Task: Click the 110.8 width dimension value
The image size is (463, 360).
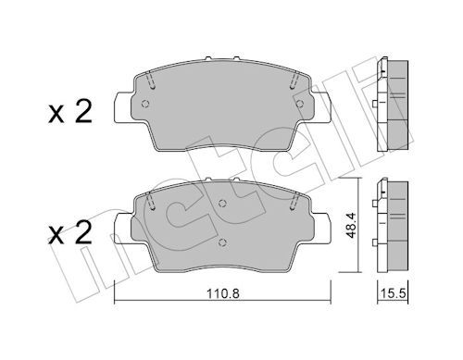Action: [223, 293]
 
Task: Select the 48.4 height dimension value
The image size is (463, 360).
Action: [351, 225]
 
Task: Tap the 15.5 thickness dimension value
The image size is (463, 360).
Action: [393, 293]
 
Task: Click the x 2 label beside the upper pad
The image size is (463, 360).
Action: [70, 112]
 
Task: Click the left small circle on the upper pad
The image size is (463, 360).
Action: [145, 104]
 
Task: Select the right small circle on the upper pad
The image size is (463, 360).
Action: [299, 104]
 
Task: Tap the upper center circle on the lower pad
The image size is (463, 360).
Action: [222, 203]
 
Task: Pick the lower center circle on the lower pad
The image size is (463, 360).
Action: [222, 242]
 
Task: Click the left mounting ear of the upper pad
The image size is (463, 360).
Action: [123, 106]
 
